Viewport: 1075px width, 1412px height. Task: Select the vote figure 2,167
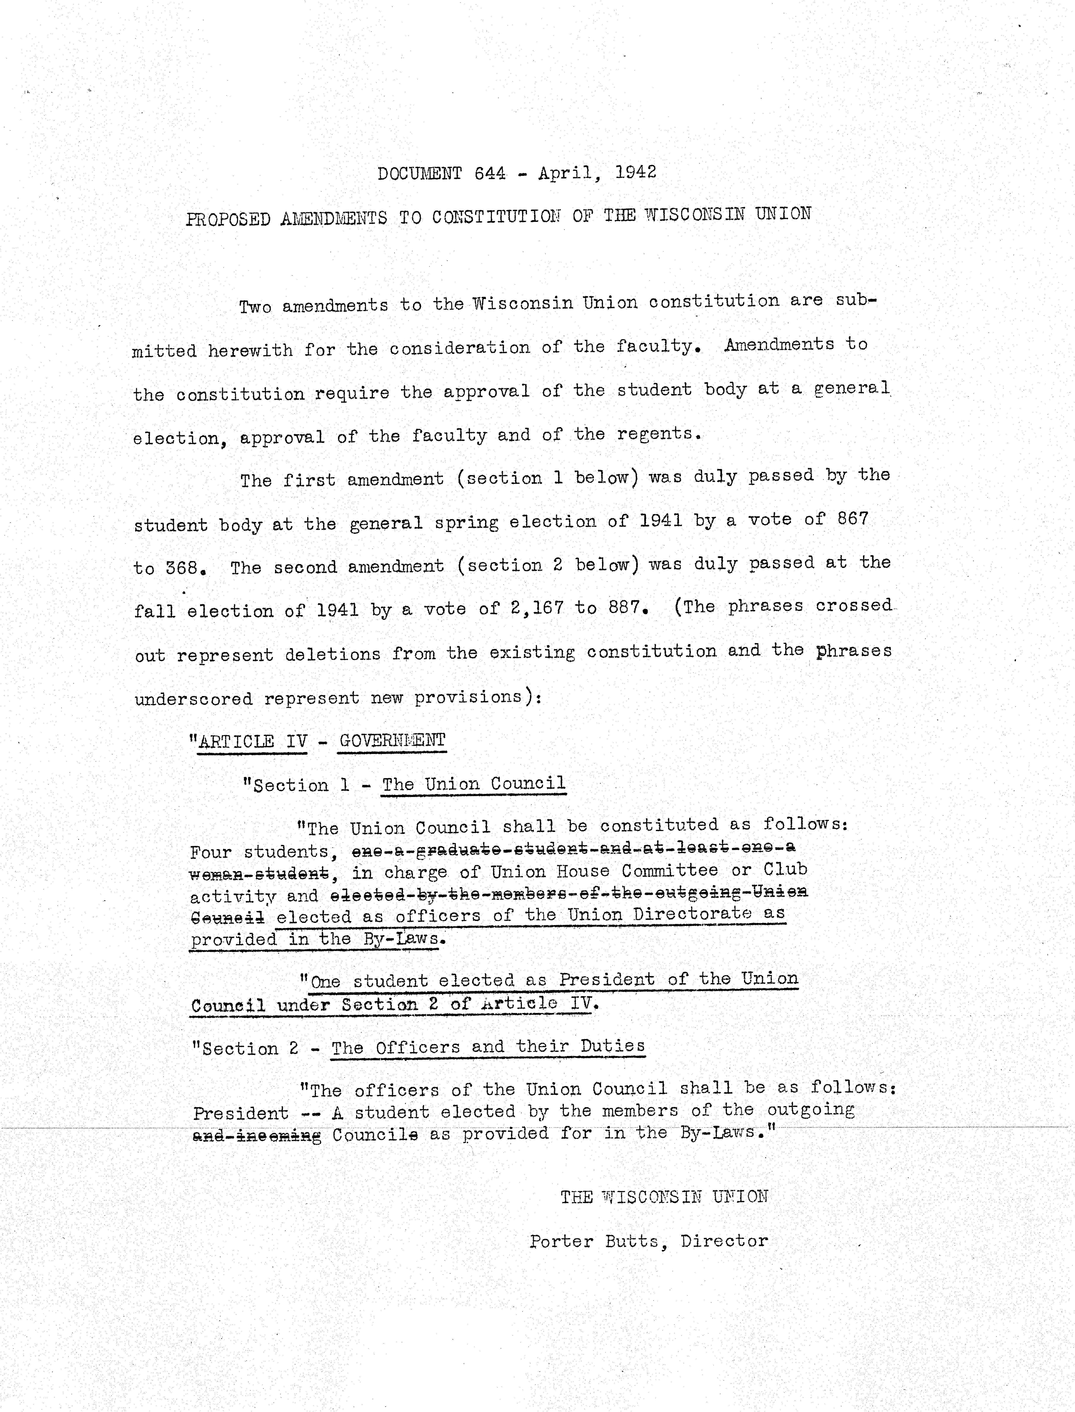[x=537, y=608]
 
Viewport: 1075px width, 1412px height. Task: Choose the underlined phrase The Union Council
[x=474, y=784]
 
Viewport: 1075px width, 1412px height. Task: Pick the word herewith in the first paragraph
[x=250, y=351]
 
